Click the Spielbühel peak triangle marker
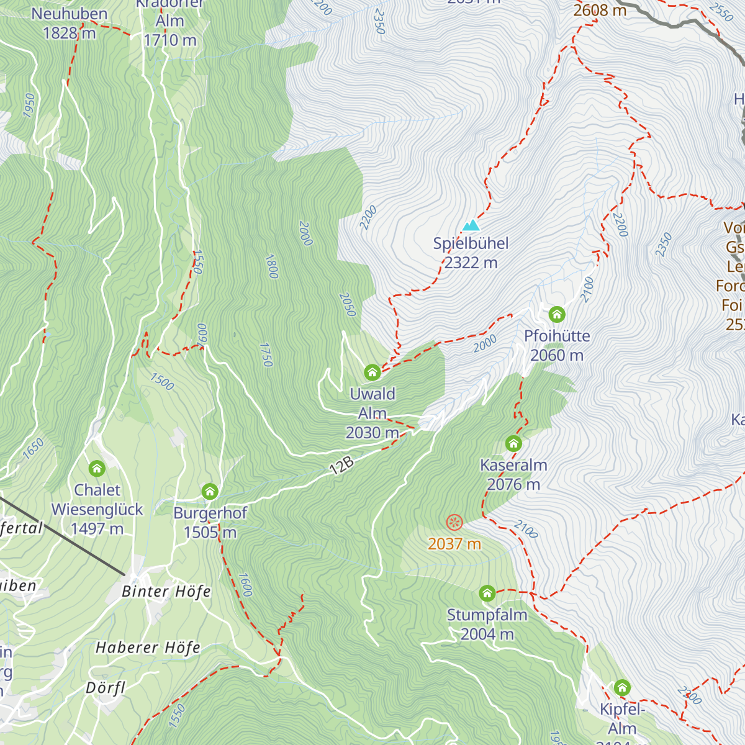click(471, 225)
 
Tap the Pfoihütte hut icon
click(557, 314)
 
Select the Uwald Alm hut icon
click(372, 372)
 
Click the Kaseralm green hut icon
click(513, 443)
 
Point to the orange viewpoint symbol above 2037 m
click(454, 522)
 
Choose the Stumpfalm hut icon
click(487, 594)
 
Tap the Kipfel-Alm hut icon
click(622, 687)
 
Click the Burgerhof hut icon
click(210, 492)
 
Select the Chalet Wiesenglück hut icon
click(97, 468)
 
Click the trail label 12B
click(341, 466)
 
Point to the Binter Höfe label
click(166, 592)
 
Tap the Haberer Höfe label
click(148, 648)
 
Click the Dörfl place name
click(106, 689)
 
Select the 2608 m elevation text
click(600, 11)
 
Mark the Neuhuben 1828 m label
click(70, 23)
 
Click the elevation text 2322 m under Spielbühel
click(471, 263)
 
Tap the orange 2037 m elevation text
click(454, 544)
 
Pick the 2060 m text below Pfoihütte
click(557, 355)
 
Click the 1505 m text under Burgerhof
click(210, 533)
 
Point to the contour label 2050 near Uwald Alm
click(348, 304)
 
